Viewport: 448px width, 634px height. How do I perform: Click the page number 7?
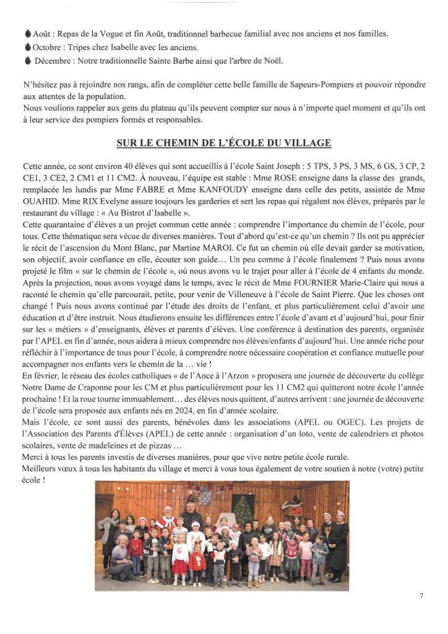pyautogui.click(x=421, y=596)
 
